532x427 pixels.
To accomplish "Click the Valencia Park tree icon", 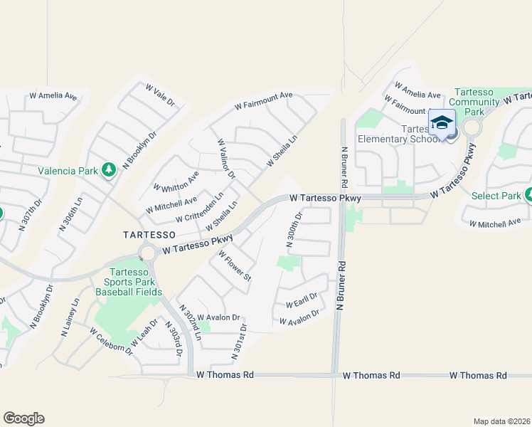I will click(x=109, y=170).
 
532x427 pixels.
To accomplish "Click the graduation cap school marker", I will click(x=442, y=123).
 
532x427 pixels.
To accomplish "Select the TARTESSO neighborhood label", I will click(x=149, y=234).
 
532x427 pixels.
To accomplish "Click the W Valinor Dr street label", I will click(x=226, y=159).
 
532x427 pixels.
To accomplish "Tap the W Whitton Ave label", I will click(x=176, y=182).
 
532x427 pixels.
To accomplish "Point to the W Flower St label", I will click(x=235, y=265).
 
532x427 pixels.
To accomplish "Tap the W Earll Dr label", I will click(x=301, y=300).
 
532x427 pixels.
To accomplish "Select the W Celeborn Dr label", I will click(x=112, y=341).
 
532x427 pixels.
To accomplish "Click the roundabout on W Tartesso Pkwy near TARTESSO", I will click(x=148, y=253).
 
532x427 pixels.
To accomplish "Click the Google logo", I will click(x=23, y=418).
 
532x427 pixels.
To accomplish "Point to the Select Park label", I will click(x=496, y=195).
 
